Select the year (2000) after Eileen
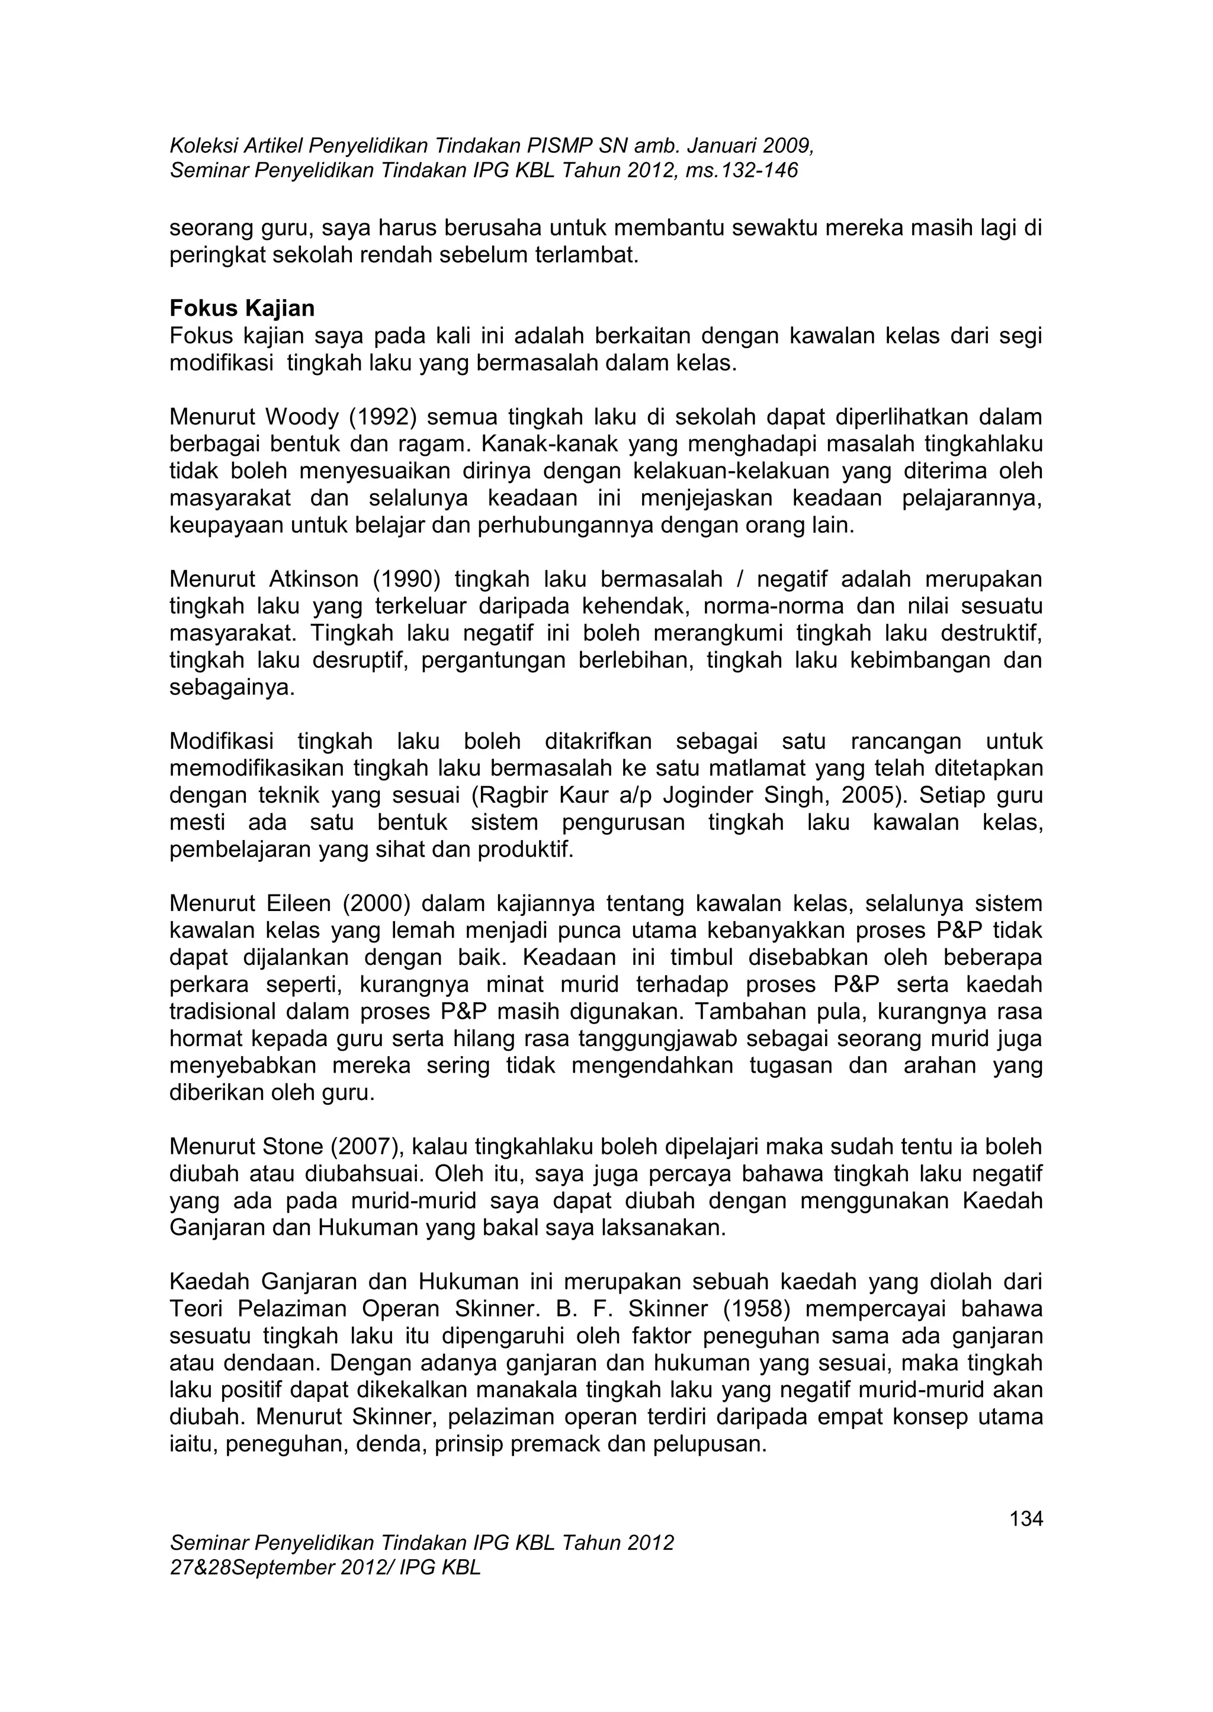click(x=377, y=903)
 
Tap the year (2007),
click(x=367, y=1146)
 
